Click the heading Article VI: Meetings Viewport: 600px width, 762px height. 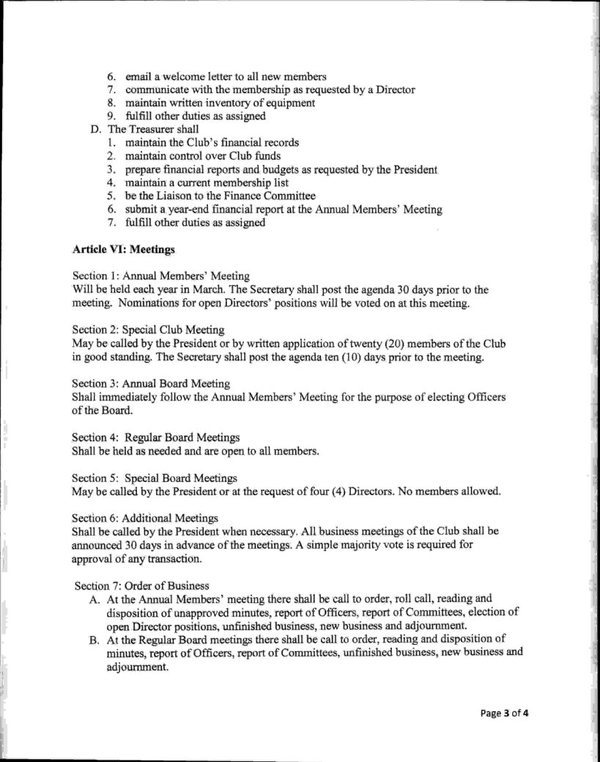tap(124, 250)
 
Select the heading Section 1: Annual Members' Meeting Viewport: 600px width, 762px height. tap(160, 275)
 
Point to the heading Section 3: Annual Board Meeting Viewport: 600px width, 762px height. tap(151, 383)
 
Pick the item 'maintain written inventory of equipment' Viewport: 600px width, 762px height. tap(220, 103)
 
